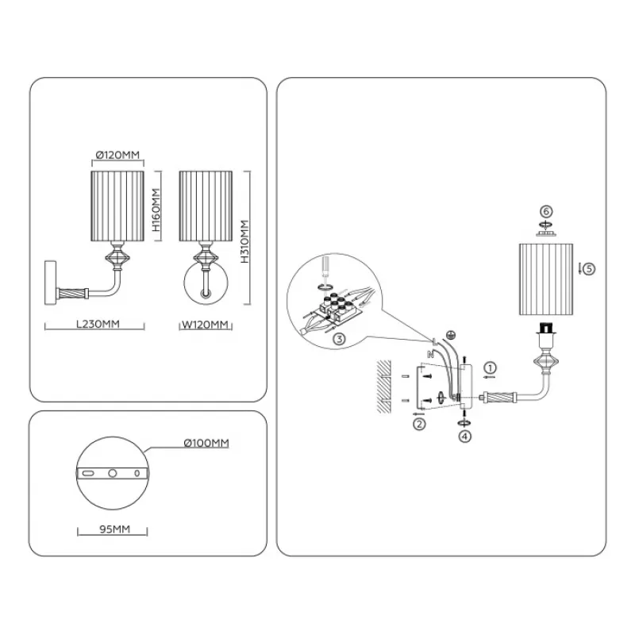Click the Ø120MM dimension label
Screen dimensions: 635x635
117,156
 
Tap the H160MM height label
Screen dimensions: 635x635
156,208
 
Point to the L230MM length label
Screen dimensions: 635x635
94,325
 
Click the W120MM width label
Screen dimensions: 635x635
205,325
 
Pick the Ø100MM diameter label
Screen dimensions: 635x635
206,443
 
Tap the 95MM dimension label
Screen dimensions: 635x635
115,527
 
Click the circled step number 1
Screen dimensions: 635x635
491,368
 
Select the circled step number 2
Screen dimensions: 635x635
419,424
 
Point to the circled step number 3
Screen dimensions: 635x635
339,340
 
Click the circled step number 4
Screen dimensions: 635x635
464,435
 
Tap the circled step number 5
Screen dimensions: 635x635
588,268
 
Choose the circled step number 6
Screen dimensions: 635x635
545,211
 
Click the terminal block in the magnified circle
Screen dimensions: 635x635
333,307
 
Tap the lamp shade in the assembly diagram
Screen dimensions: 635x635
545,279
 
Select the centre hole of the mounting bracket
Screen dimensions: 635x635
113,473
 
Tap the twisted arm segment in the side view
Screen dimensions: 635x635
78,291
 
